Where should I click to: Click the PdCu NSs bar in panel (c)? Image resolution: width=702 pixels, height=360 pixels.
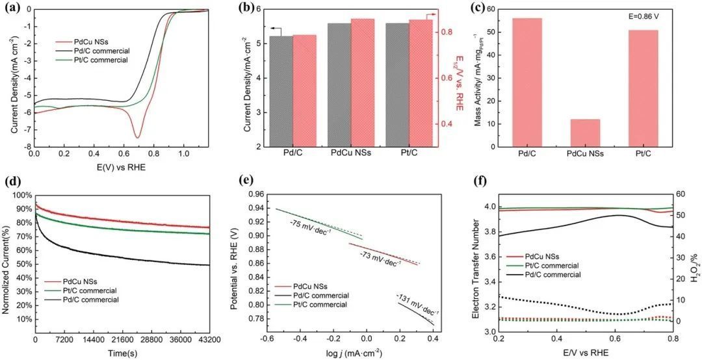coord(586,133)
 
